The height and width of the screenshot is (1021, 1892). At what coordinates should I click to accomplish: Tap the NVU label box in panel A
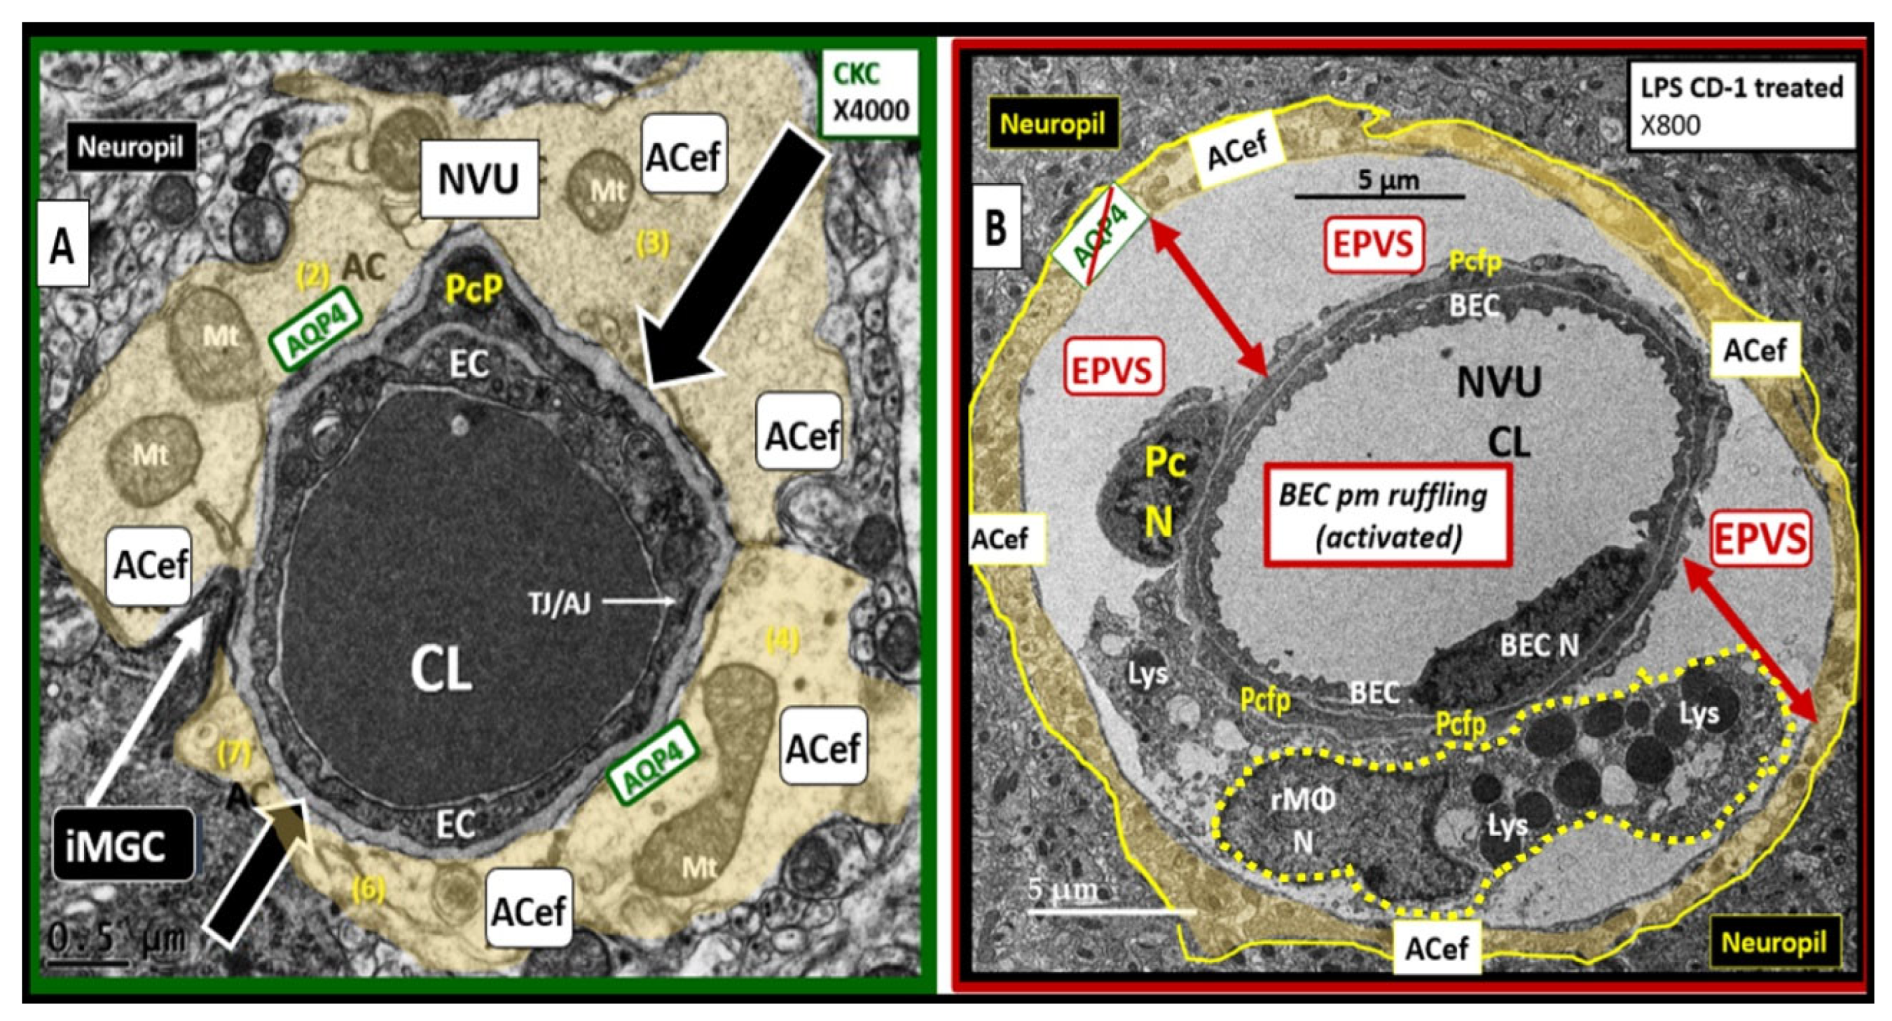pyautogui.click(x=479, y=179)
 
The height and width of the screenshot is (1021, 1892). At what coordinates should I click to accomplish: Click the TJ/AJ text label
pyautogui.click(x=559, y=604)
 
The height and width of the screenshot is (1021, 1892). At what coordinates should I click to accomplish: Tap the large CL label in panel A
pyautogui.click(x=440, y=671)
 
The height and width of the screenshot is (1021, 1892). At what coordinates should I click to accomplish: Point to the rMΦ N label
pyautogui.click(x=1302, y=820)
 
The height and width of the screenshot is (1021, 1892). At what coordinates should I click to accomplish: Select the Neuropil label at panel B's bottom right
pyautogui.click(x=1774, y=942)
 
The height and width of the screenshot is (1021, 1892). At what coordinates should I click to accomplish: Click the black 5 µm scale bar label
pyautogui.click(x=1378, y=180)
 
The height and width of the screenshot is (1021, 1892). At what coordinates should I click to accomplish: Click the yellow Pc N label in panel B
pyautogui.click(x=1164, y=492)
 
